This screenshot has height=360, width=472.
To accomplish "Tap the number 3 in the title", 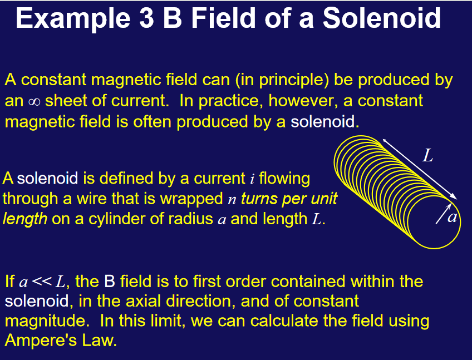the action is pyautogui.click(x=146, y=18).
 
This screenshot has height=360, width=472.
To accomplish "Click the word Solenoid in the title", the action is pyautogui.click(x=382, y=18).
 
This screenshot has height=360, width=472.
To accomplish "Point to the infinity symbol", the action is pyautogui.click(x=35, y=102).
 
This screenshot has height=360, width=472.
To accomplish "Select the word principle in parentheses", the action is pyautogui.click(x=294, y=80).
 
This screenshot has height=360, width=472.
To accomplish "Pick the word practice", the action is pyautogui.click(x=228, y=101).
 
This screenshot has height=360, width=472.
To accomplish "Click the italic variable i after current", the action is pyautogui.click(x=252, y=179).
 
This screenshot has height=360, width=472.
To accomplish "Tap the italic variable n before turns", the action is pyautogui.click(x=232, y=200).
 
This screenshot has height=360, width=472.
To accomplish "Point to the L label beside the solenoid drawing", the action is pyautogui.click(x=427, y=156).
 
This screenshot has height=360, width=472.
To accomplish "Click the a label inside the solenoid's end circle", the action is pyautogui.click(x=452, y=217).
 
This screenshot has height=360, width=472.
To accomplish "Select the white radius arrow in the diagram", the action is pyautogui.click(x=444, y=214).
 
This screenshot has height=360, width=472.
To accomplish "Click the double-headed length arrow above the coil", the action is pyautogui.click(x=420, y=169).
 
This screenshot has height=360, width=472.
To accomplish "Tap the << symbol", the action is pyautogui.click(x=41, y=282).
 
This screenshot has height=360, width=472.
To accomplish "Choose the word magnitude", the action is pyautogui.click(x=45, y=322).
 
